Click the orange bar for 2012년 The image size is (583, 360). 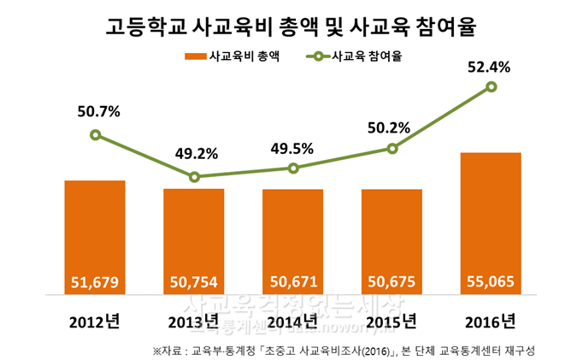coord(95,235)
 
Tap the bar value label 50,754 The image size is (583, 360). coord(194,280)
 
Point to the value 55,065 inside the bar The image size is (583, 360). coord(491,280)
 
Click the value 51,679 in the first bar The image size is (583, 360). coord(95,280)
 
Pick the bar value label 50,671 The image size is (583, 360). coord(293,280)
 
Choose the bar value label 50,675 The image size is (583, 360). coord(392,280)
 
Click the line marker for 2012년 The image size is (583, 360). coord(95,135)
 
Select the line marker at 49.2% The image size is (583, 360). coord(194,177)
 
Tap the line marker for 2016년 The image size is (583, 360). coord(491,86)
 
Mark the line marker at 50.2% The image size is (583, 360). coord(392,149)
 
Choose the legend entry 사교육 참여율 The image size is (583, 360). coord(359,57)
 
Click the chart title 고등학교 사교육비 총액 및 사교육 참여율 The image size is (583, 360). coord(291,27)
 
